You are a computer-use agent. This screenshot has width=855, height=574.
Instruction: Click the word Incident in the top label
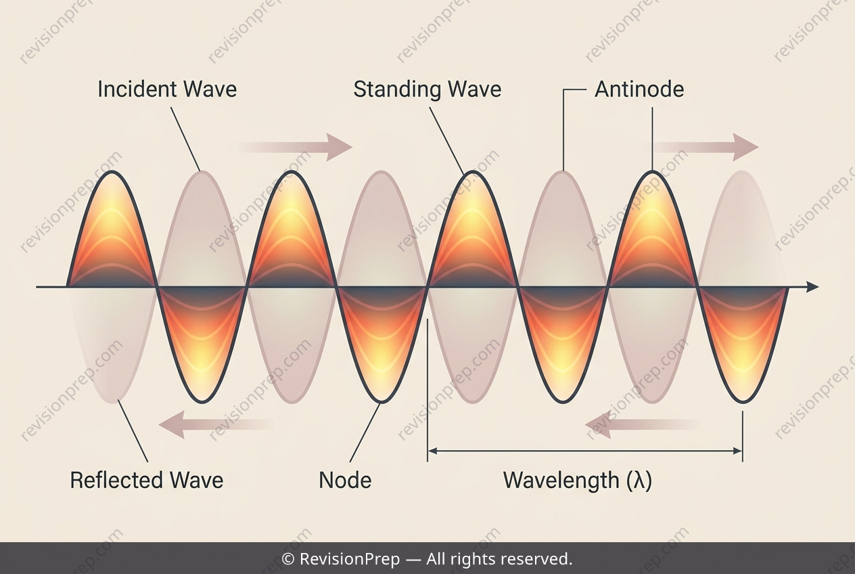pyautogui.click(x=137, y=89)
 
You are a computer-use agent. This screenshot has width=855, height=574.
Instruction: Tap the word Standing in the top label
pyautogui.click(x=398, y=90)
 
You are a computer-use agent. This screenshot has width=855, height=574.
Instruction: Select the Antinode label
pyautogui.click(x=639, y=89)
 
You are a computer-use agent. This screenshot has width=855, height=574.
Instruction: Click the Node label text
pyautogui.click(x=345, y=480)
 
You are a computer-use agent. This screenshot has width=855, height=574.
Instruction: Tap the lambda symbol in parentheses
pyautogui.click(x=639, y=481)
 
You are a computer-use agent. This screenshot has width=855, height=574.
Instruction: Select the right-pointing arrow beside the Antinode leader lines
pyautogui.click(x=706, y=148)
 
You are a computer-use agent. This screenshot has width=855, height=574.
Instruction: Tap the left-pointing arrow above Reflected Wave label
pyautogui.click(x=216, y=424)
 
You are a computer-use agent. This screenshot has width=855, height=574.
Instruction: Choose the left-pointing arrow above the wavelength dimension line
pyautogui.click(x=643, y=424)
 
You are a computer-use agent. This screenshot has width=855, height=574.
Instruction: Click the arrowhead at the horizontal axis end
pyautogui.click(x=812, y=286)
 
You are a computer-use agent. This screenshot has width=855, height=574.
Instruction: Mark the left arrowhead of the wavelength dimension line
pyautogui.click(x=432, y=451)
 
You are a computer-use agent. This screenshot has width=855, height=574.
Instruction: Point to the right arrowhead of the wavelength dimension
pyautogui.click(x=737, y=451)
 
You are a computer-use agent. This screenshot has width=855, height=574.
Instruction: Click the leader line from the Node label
pyautogui.click(x=365, y=433)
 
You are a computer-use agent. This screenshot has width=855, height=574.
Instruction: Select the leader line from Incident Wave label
pyautogui.click(x=185, y=139)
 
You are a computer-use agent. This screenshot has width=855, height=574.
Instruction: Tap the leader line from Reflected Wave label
pyautogui.click(x=133, y=430)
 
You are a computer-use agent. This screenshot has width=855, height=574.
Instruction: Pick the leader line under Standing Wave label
pyautogui.click(x=447, y=141)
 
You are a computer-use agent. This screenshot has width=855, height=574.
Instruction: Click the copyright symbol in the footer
pyautogui.click(x=287, y=559)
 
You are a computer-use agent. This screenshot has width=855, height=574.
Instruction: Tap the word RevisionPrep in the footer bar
pyautogui.click(x=350, y=559)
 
